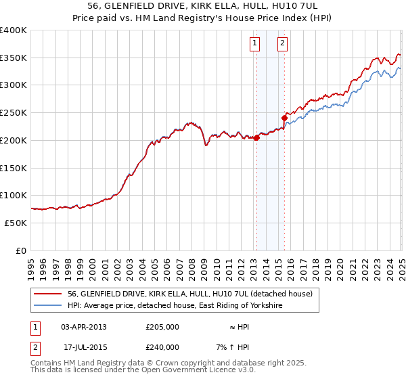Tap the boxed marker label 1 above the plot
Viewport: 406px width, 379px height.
pos(255,44)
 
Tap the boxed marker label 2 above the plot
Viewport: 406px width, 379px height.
pos(282,44)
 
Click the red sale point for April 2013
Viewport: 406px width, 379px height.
pos(257,138)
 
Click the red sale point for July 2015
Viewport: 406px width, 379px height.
pos(285,118)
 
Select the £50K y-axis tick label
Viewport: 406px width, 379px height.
pos(15,223)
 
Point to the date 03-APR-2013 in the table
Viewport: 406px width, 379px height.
pos(84,327)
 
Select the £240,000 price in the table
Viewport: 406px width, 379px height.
pos(162,347)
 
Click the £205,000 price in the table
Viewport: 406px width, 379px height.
pos(162,327)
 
